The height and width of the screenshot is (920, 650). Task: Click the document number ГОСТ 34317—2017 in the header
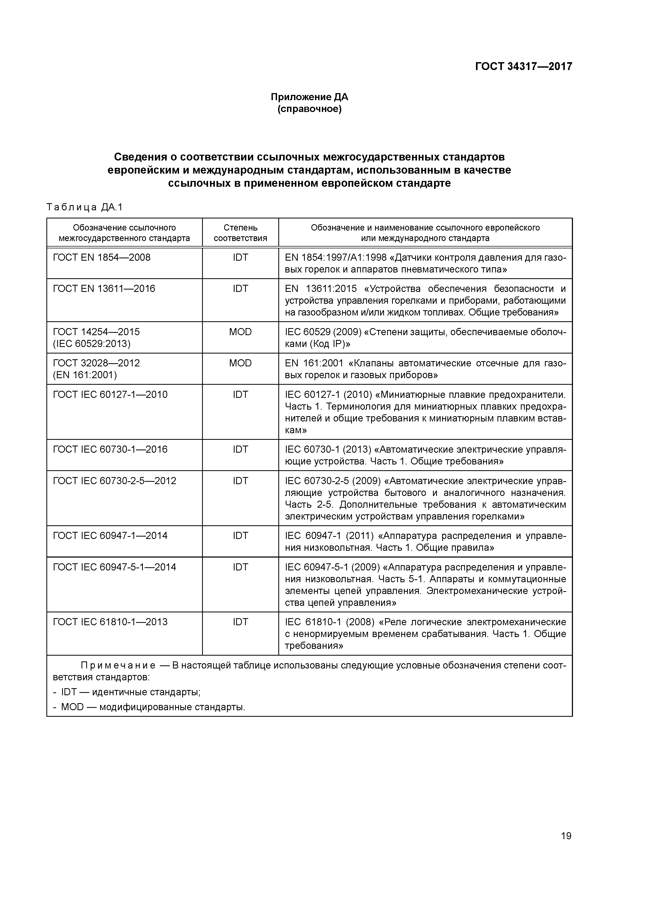pyautogui.click(x=523, y=66)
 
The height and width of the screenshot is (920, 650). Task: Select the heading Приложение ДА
pyautogui.click(x=309, y=97)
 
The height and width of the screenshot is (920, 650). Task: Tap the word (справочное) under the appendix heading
pyautogui.click(x=309, y=109)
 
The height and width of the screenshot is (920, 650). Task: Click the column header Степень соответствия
pyautogui.click(x=240, y=233)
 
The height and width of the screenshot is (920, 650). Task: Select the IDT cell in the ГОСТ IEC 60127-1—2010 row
pyautogui.click(x=240, y=395)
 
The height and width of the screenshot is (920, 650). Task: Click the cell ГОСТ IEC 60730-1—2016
pyautogui.click(x=110, y=449)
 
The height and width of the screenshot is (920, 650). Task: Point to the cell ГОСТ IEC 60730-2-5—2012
pyautogui.click(x=115, y=480)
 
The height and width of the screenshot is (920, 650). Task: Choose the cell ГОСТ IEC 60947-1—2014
pyautogui.click(x=110, y=536)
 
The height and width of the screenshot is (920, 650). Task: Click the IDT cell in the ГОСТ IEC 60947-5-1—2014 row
pyautogui.click(x=240, y=567)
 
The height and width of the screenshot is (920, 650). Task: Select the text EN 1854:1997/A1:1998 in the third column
pyautogui.click(x=335, y=257)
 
